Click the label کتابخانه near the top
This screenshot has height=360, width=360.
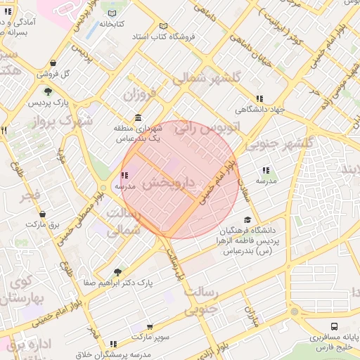click(x=112, y=24)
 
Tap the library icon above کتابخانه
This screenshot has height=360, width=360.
click(x=113, y=13)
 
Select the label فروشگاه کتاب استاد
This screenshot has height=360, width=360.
click(x=167, y=35)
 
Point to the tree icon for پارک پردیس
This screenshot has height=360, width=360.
click(x=48, y=91)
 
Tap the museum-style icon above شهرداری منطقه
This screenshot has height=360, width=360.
click(x=137, y=118)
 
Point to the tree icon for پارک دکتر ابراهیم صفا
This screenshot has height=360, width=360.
click(x=117, y=272)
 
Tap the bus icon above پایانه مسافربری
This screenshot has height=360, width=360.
click(x=334, y=326)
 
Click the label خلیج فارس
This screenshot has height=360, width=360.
click(x=334, y=347)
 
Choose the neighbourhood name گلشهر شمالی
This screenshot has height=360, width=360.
click(x=212, y=77)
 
